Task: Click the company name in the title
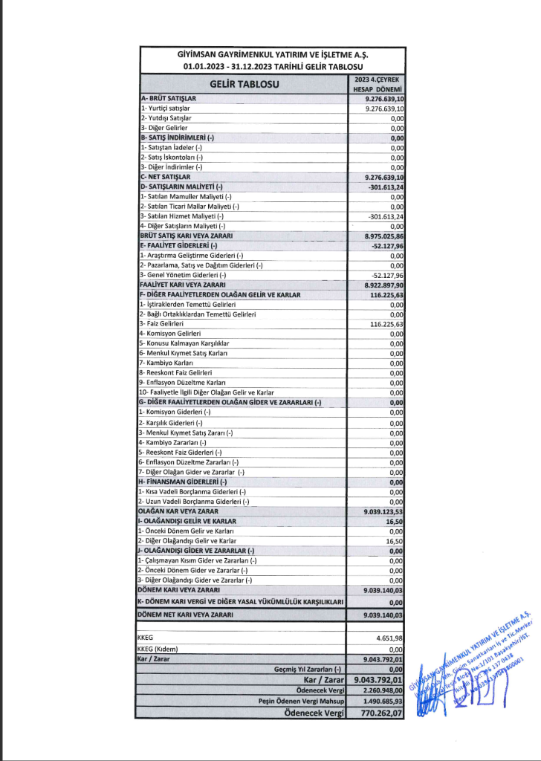tap(272, 55)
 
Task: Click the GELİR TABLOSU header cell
tap(244, 84)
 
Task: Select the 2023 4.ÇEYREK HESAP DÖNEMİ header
tap(378, 84)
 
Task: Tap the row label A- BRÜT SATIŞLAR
tap(168, 99)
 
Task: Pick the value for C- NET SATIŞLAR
tap(384, 178)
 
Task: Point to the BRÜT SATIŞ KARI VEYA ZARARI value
tap(384, 236)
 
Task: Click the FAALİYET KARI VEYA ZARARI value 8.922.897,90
tap(384, 285)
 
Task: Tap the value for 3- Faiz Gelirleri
tap(386, 324)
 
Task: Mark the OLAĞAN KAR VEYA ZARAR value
tap(384, 511)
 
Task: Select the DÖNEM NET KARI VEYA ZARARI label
tap(186, 615)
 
